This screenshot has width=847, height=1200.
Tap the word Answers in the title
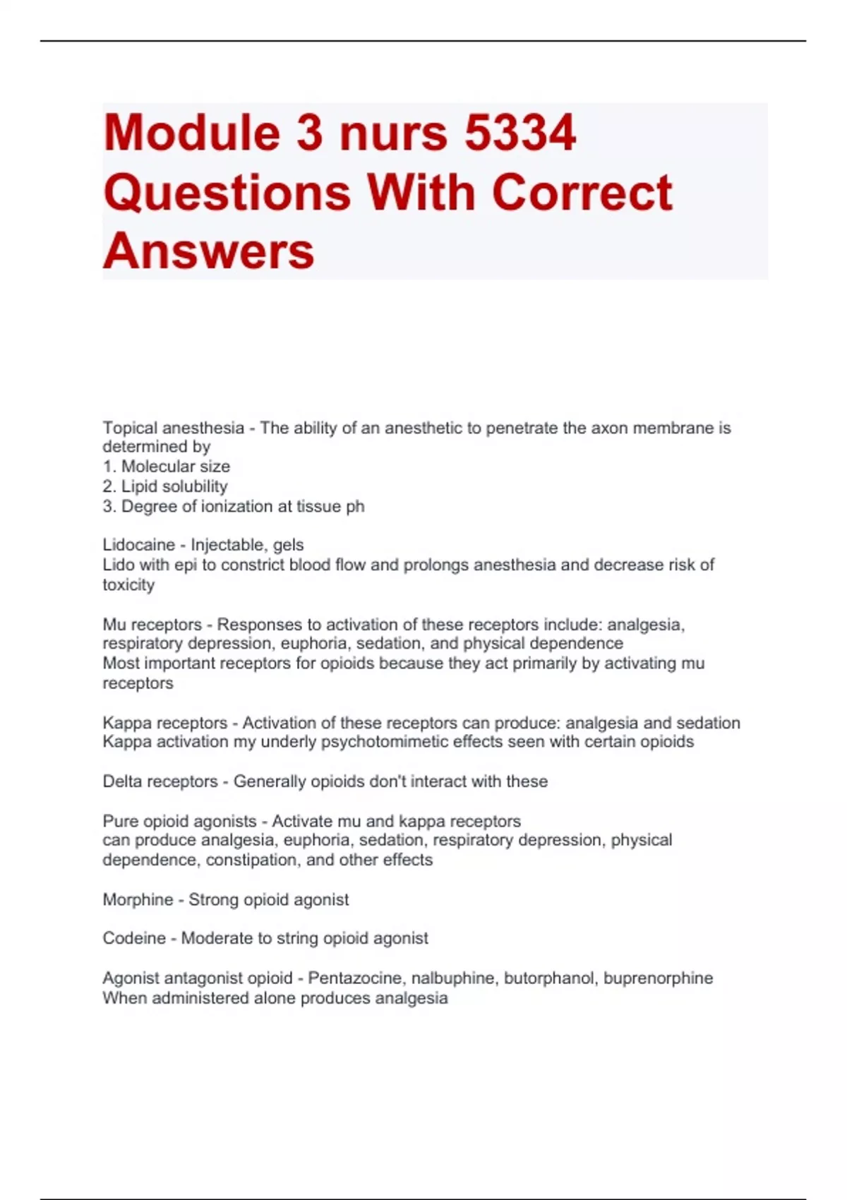pyautogui.click(x=208, y=251)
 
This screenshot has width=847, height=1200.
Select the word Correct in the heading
pyautogui.click(x=582, y=192)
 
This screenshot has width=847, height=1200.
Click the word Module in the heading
pyautogui.click(x=191, y=133)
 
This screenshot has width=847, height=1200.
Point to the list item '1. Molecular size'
pyautogui.click(x=167, y=467)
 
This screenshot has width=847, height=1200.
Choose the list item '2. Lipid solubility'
pyautogui.click(x=165, y=486)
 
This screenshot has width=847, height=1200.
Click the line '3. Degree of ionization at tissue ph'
pyautogui.click(x=234, y=506)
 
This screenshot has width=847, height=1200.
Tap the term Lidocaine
pyautogui.click(x=138, y=545)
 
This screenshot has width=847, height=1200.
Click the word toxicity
pyautogui.click(x=128, y=584)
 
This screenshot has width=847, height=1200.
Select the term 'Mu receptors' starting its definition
pyautogui.click(x=152, y=625)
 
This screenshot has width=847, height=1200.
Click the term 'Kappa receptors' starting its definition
pyautogui.click(x=164, y=723)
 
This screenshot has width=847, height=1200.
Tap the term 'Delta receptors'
pyautogui.click(x=160, y=781)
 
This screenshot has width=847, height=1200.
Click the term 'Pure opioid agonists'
pyautogui.click(x=179, y=821)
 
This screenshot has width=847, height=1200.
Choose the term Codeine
pyautogui.click(x=134, y=938)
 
